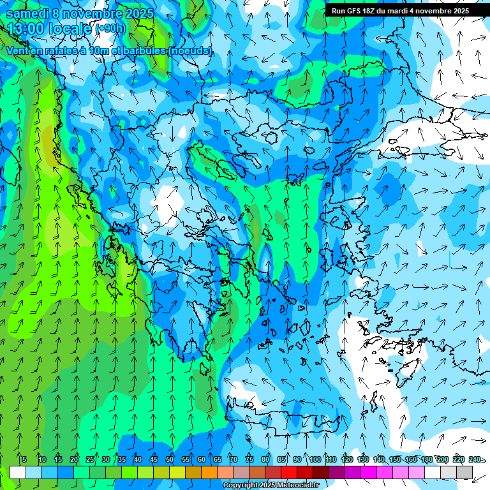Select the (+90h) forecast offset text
(110, 29)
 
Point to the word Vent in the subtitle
(19, 50)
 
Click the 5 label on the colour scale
(24, 459)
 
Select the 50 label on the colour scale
(170, 459)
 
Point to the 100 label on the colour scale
(315, 459)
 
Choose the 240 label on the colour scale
(474, 459)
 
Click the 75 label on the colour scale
(249, 459)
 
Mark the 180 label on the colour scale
(426, 459)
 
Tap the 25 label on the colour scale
(90, 459)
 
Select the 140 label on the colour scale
(379, 459)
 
